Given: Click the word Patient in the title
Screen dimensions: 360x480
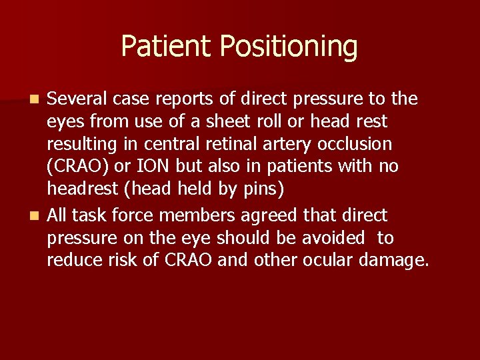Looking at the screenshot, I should click(167, 47).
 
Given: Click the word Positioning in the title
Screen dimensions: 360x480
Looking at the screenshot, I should click(288, 47).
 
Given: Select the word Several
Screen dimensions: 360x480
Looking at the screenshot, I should click(74, 99).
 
